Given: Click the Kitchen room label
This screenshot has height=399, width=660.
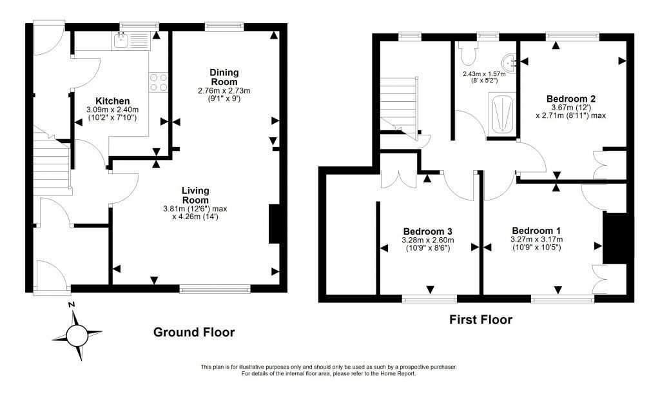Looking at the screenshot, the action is click(x=112, y=101).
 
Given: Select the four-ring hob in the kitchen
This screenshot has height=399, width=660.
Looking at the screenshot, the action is click(x=159, y=82).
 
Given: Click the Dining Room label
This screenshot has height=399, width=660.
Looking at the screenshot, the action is click(x=224, y=77).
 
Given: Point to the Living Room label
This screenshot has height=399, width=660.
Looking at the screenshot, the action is click(x=195, y=195).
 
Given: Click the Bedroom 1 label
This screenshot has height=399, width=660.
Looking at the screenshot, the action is click(x=536, y=231).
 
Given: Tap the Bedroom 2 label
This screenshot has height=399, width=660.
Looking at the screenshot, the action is click(x=571, y=99).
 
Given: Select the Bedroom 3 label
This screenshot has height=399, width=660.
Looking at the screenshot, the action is click(x=428, y=231).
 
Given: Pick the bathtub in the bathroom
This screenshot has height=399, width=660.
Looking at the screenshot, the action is click(x=502, y=115).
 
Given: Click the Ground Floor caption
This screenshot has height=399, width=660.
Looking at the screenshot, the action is click(x=194, y=332).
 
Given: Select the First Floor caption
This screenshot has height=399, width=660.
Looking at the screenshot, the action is click(x=481, y=320).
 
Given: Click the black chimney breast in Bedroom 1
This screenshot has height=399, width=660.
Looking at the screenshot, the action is click(x=615, y=238).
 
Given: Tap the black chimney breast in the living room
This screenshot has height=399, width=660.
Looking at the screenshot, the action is click(x=275, y=224).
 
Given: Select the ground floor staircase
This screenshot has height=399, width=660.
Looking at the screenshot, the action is click(x=52, y=163).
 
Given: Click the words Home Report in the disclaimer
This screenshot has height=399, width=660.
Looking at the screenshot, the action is click(x=399, y=373).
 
